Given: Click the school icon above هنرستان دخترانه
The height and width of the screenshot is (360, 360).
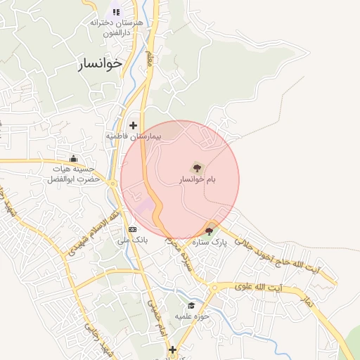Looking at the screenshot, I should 117,12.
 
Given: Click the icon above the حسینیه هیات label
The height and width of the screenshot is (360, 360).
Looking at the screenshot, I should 73,159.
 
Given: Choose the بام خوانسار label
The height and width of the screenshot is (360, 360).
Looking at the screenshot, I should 196,180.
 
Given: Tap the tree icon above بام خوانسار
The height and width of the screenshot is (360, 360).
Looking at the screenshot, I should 196,167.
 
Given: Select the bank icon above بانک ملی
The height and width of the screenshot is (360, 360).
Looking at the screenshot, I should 132,229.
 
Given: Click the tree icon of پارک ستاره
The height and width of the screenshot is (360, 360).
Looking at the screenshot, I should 210,231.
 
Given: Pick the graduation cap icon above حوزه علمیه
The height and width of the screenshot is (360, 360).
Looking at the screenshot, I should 191,305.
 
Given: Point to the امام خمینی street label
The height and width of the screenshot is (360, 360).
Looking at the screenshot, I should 155,309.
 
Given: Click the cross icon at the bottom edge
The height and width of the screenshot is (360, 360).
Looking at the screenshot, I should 172,349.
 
